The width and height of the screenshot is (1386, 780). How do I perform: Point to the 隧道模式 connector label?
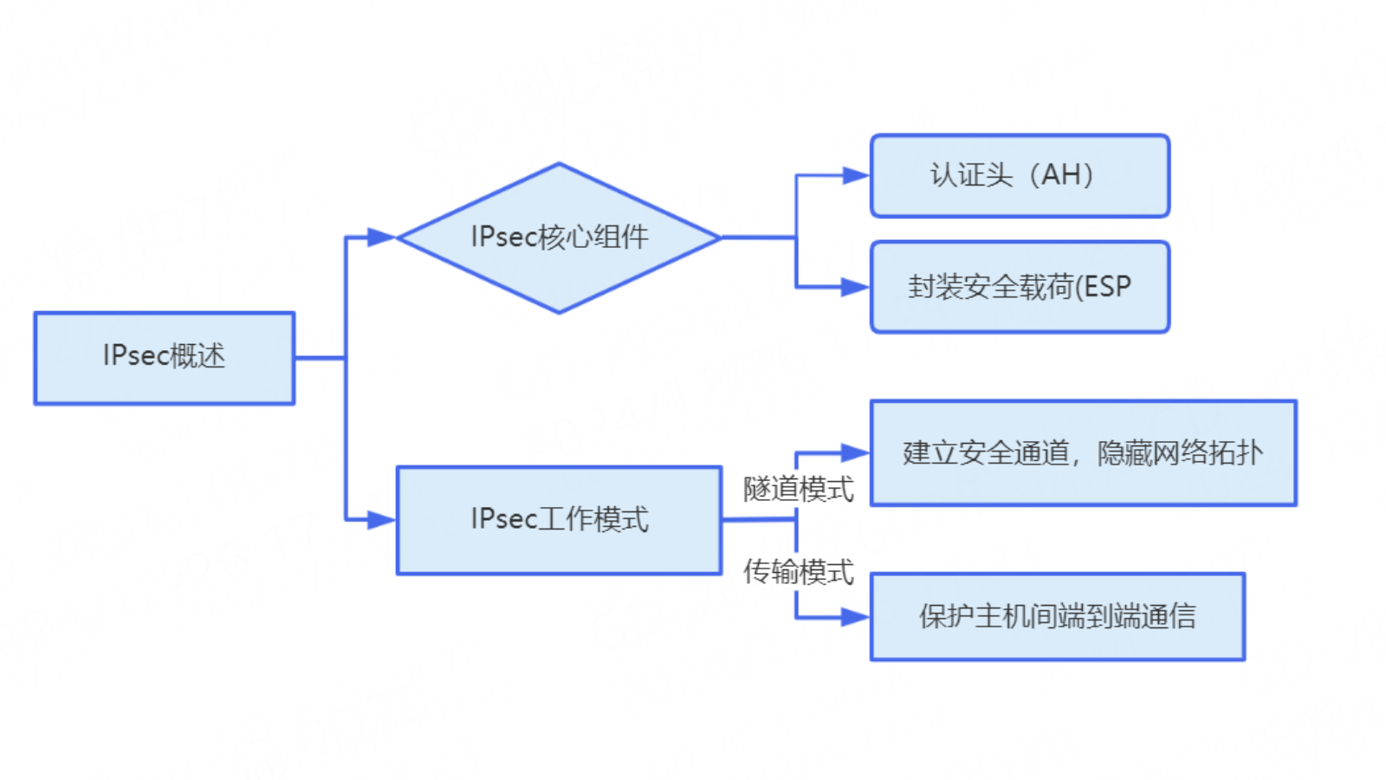pos(798,489)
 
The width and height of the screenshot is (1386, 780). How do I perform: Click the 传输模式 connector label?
pos(798,572)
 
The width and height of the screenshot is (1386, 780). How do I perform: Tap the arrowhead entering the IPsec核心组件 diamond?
pos(381,237)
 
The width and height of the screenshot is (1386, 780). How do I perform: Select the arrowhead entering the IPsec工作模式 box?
pos(381,519)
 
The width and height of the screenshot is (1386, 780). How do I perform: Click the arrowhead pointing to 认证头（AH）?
pos(855,176)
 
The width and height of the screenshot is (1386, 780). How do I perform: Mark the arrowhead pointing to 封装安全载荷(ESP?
pos(855,287)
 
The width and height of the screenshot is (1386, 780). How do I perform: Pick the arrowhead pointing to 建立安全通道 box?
pos(855,452)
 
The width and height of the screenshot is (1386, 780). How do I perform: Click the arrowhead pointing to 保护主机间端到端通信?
pos(855,617)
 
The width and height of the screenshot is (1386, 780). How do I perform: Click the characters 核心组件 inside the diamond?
pos(593,237)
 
